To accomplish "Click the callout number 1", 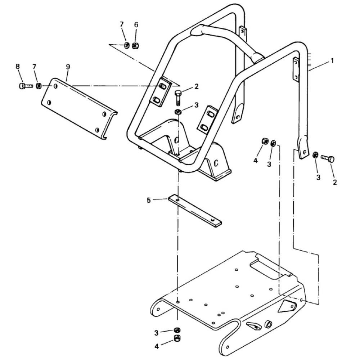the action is [x=332, y=61].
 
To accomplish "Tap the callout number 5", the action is [x=149, y=201].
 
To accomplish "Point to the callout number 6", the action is [x=136, y=25].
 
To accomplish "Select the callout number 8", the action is [x=18, y=67].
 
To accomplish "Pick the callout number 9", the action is [x=68, y=67].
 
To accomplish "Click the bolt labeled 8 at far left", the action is [x=26, y=86].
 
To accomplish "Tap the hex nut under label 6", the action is [x=135, y=46].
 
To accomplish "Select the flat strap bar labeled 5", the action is [x=195, y=211].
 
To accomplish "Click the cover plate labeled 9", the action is [x=79, y=109].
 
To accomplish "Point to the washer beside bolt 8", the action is [x=39, y=86].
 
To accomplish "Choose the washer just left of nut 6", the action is [x=127, y=45].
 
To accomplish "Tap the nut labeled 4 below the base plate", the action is [x=177, y=338].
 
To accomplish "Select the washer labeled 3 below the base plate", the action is [x=177, y=330].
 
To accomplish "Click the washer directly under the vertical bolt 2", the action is [x=178, y=112].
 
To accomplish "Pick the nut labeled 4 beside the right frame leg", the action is [x=265, y=141].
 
